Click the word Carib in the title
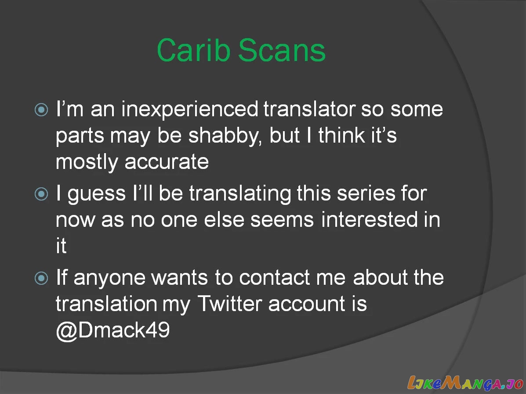click(x=193, y=50)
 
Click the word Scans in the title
click(x=282, y=50)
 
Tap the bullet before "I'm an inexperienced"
click(x=41, y=110)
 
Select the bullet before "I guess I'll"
click(x=41, y=193)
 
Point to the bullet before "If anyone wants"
click(x=41, y=278)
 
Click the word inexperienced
click(x=189, y=110)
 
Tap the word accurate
click(x=167, y=162)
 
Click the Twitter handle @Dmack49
click(x=112, y=330)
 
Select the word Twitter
click(x=229, y=304)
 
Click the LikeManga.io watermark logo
click(x=465, y=383)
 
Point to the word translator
click(x=309, y=110)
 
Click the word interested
click(x=370, y=220)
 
